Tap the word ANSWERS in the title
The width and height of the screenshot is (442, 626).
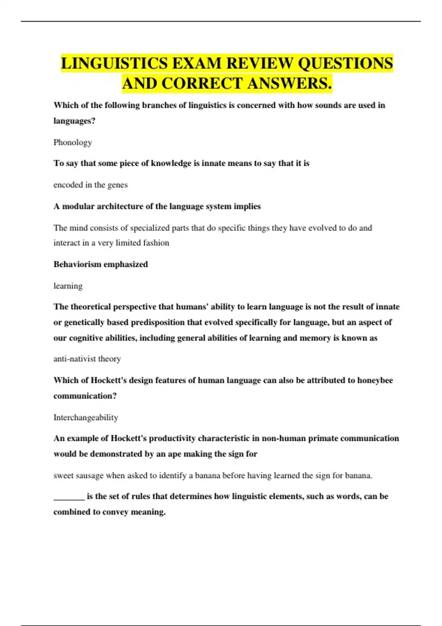click(290, 84)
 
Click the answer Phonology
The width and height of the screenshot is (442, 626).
click(73, 143)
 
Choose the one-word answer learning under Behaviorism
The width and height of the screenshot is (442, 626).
click(68, 286)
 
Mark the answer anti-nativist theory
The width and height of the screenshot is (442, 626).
click(87, 359)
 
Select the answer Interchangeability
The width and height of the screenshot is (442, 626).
click(86, 418)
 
